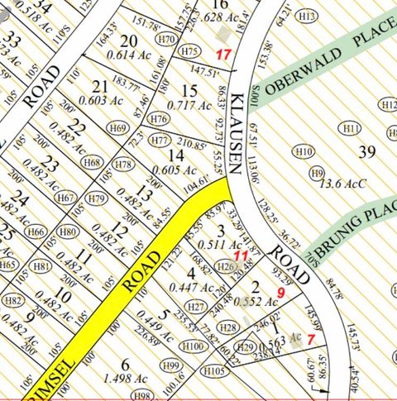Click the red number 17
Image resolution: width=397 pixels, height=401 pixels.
(x=222, y=54)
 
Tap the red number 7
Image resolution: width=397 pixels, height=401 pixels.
(x=310, y=338)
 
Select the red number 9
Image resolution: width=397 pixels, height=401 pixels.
(x=281, y=293)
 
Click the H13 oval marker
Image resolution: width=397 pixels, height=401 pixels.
(x=307, y=16)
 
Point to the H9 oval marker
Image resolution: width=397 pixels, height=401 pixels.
(x=317, y=173)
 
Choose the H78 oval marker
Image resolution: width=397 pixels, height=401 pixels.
(x=123, y=165)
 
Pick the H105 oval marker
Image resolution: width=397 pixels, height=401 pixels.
(x=214, y=371)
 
